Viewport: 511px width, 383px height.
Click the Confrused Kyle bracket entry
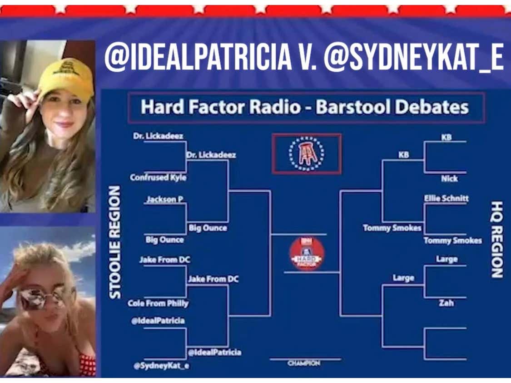click(158, 177)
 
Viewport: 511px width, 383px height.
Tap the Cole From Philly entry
click(158, 303)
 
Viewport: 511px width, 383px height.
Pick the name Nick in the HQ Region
click(449, 179)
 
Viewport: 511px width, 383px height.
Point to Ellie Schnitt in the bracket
click(446, 198)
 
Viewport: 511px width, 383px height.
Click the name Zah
click(446, 303)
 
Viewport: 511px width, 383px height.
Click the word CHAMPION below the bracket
click(304, 363)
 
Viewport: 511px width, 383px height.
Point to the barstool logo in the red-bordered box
click(307, 154)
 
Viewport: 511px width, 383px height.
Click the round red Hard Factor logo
click(307, 254)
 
